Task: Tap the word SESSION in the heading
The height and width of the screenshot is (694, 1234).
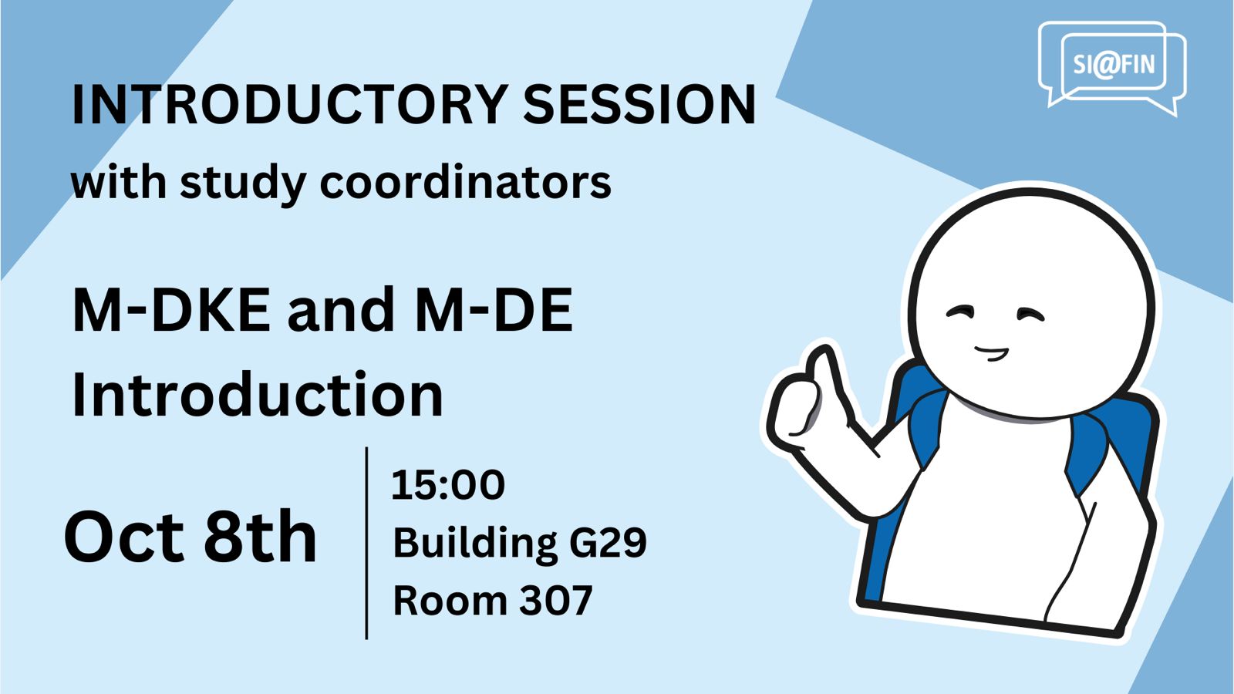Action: point(639,105)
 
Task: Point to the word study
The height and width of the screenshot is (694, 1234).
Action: point(243,184)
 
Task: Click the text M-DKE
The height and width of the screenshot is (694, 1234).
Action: point(171,310)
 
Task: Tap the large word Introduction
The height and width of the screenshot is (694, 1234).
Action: point(258,394)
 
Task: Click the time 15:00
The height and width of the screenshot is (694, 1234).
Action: point(448,485)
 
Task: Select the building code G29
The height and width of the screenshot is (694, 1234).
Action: point(608,543)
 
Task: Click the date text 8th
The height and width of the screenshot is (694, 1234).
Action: point(261,536)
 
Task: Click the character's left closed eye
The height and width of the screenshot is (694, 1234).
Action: point(959,312)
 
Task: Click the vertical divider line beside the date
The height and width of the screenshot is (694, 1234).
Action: point(367,543)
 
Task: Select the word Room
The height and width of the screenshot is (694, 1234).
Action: point(450,601)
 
